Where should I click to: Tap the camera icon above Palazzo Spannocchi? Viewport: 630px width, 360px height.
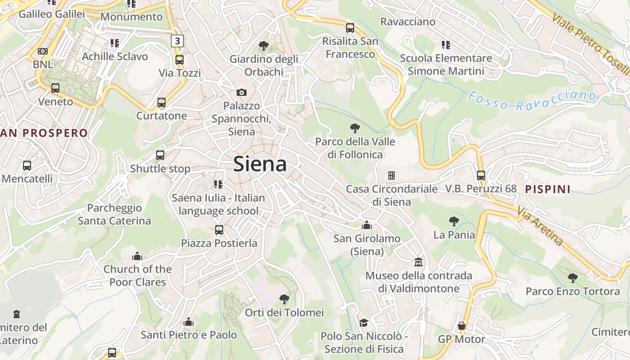[x=242, y=92]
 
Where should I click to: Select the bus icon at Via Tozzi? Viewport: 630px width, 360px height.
[x=180, y=59]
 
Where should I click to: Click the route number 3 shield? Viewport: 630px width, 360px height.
[x=177, y=41]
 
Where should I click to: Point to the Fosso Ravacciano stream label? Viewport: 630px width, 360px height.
[x=531, y=100]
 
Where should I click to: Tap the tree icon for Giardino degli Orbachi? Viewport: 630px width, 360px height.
[x=263, y=45]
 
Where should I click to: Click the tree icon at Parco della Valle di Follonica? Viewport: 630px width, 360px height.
[x=355, y=128]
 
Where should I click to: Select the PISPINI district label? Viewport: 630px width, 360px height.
[x=548, y=189]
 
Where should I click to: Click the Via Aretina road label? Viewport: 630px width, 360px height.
[x=540, y=226]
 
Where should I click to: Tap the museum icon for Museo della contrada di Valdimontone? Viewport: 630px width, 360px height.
[x=418, y=262]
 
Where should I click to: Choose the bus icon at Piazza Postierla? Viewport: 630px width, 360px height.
[x=219, y=230]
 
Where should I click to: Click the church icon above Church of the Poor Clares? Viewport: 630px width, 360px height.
[x=137, y=256]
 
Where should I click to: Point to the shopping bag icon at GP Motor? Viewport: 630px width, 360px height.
[x=462, y=326]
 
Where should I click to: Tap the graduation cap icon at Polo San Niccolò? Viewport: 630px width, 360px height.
[x=364, y=323]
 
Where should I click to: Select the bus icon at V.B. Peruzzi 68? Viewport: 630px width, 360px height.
[x=481, y=175]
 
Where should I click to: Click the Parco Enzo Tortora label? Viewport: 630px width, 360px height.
[x=572, y=291]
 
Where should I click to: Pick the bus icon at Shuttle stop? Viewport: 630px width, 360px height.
[x=160, y=155]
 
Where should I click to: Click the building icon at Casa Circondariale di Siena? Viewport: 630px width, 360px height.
[x=391, y=175]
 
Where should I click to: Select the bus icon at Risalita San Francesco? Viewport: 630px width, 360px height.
[x=350, y=28]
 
